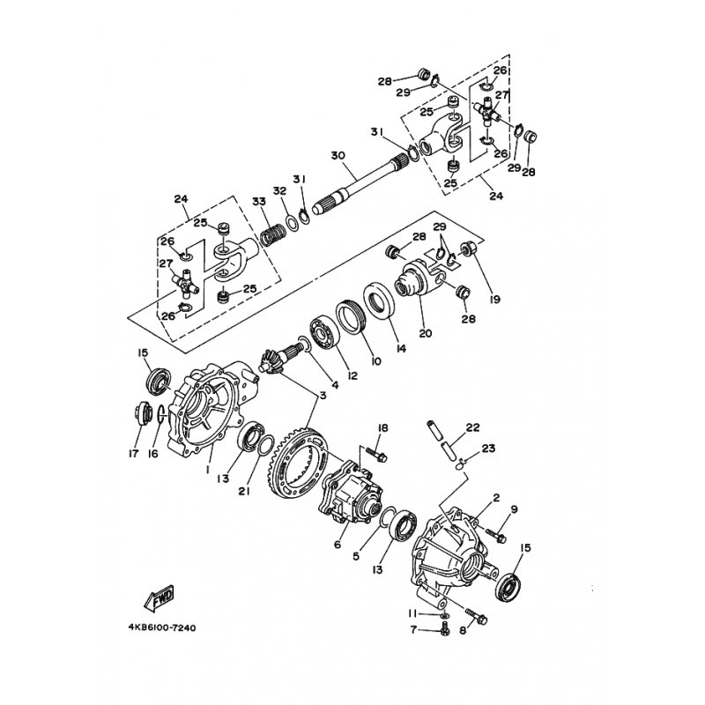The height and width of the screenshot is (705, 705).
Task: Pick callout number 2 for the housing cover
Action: point(496,498)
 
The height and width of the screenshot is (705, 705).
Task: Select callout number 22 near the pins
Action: point(472,427)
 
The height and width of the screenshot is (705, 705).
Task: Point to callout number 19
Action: point(495,300)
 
